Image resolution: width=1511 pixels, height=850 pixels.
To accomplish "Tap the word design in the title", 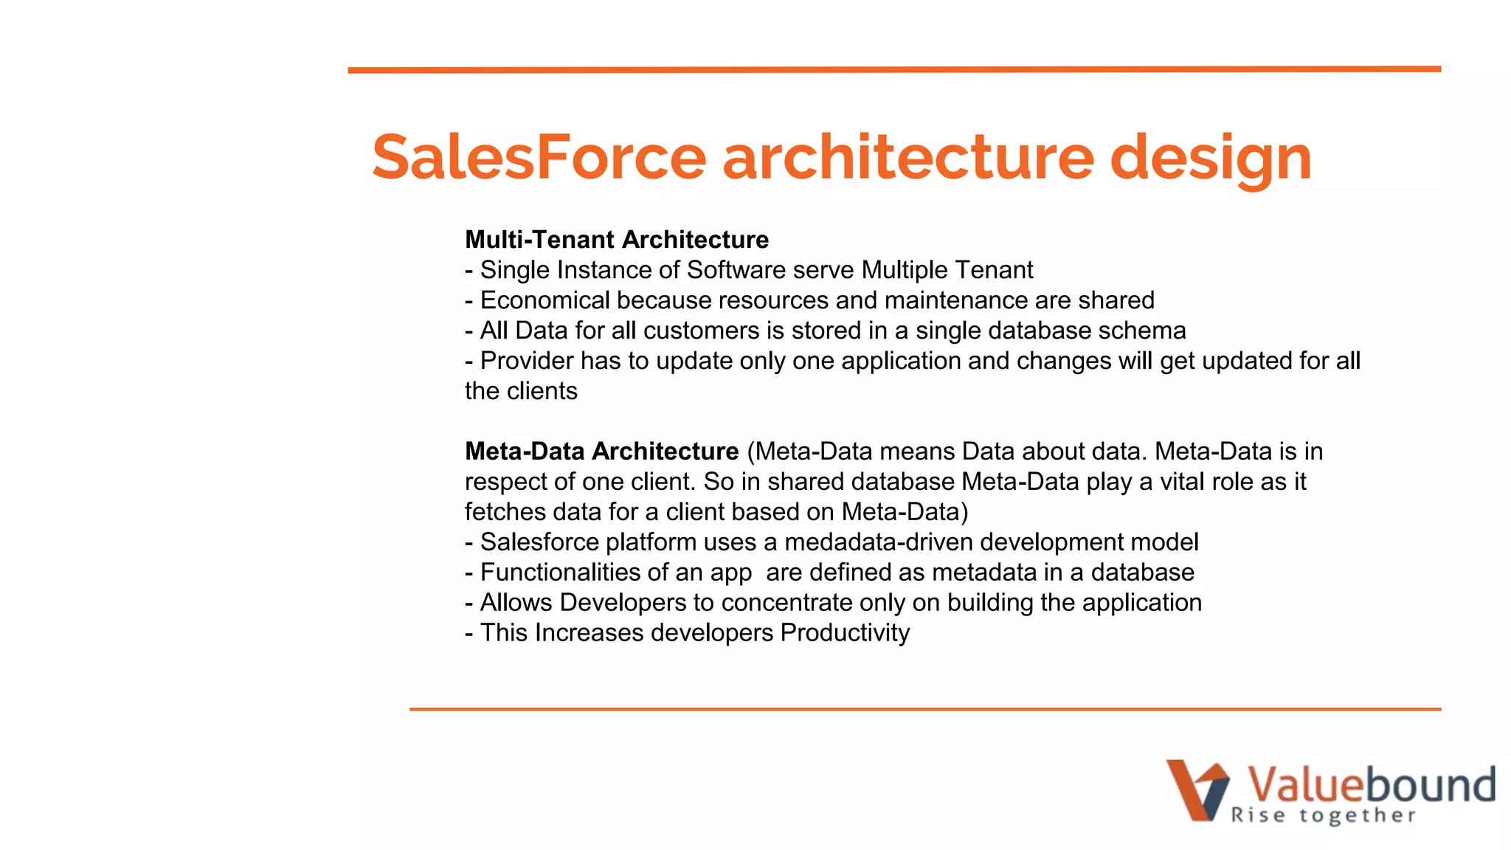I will [1210, 159].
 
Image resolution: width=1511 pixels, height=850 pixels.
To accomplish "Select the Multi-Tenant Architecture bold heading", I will [617, 240].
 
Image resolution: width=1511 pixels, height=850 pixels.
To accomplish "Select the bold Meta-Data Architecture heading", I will [601, 452].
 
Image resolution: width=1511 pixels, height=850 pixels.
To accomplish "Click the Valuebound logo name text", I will [1370, 784].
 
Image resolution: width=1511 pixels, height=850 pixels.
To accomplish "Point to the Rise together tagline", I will [1323, 815].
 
